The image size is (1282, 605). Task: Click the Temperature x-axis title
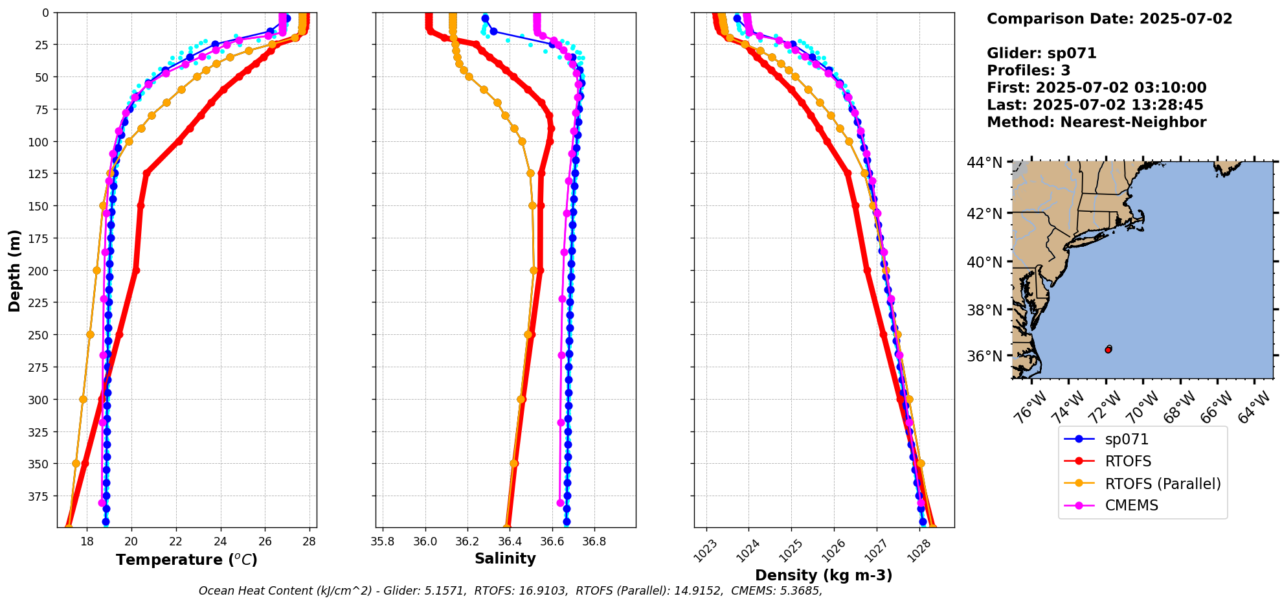coord(186,560)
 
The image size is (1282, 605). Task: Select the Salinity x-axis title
coord(505,558)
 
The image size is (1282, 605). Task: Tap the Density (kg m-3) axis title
coord(824,575)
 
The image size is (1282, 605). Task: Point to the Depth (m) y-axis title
coord(14,270)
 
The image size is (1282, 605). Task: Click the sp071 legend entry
coord(1127,439)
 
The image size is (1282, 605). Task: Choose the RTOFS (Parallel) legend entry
coord(1162,484)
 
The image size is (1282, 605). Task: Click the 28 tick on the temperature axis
coord(309,542)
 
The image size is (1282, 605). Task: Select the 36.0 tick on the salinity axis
coord(425,542)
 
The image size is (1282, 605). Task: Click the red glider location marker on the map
coord(1108,350)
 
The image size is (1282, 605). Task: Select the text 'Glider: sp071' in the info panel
coord(1041,53)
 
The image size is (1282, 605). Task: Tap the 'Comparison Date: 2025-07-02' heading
coord(1109,19)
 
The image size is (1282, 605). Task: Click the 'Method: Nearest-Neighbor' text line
coord(1096,122)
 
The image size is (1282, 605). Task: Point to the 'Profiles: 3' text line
coord(1028,71)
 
